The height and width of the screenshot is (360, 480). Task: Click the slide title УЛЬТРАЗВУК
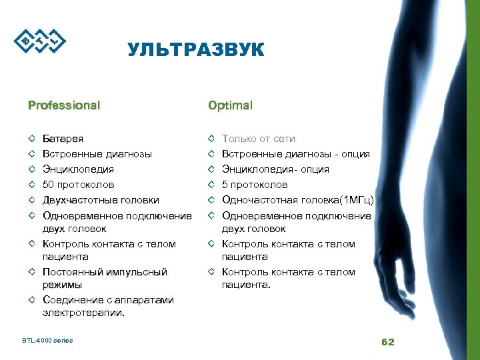[195, 50]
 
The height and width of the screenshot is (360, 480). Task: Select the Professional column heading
[64, 105]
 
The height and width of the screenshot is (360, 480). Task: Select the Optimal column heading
[230, 105]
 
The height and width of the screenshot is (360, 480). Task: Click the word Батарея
[63, 139]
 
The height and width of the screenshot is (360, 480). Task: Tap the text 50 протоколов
[78, 185]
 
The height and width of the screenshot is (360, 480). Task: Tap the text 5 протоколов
[255, 185]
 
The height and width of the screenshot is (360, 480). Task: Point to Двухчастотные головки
[101, 200]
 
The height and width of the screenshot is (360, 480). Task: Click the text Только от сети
[258, 139]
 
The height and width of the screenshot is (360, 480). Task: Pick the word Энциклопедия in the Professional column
[78, 169]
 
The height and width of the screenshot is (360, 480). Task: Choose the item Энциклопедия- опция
[275, 169]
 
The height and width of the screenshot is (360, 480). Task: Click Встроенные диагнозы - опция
[295, 154]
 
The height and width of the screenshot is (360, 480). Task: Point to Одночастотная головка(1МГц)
[298, 200]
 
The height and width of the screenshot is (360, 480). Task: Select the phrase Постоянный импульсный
[105, 272]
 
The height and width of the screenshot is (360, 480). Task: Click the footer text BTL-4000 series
[47, 341]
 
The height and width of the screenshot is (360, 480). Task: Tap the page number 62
[387, 342]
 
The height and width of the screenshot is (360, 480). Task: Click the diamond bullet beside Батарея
[32, 139]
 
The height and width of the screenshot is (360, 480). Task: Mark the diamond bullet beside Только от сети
[211, 139]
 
